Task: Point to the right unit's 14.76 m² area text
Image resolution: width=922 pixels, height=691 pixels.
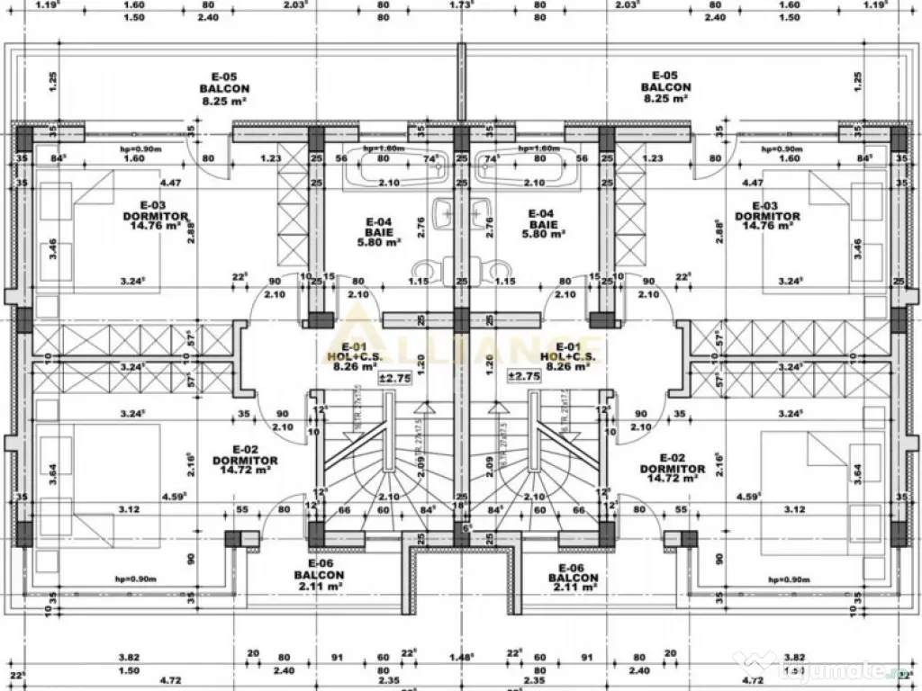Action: point(766,227)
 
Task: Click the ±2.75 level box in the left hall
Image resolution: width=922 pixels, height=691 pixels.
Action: point(394,377)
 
